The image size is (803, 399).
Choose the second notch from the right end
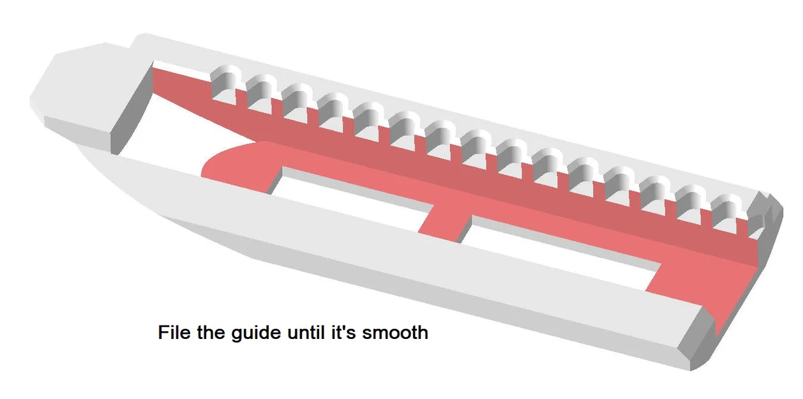[690, 204]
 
